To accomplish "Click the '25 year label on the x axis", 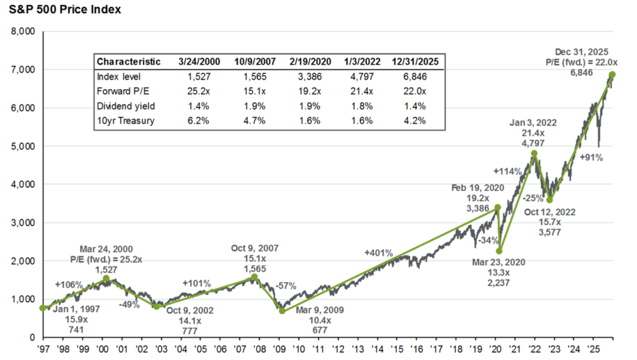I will [x=593, y=349].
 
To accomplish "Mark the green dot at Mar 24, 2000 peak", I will [x=106, y=279].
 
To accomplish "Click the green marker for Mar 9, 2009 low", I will [x=282, y=311].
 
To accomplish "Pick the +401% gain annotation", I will [x=379, y=253].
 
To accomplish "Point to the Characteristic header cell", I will [x=129, y=62].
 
